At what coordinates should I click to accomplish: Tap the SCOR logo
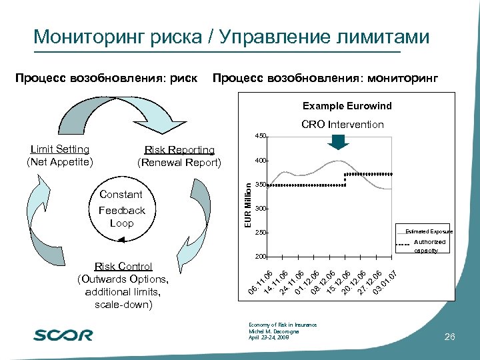(63, 335)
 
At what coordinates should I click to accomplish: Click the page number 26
(449, 337)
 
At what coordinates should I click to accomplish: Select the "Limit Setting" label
(60, 149)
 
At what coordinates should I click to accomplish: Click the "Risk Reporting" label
(179, 150)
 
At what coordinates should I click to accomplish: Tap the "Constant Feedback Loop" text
(121, 209)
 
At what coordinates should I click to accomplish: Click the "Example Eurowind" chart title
(347, 106)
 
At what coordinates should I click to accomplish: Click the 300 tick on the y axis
(260, 209)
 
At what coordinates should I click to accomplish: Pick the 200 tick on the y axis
(260, 257)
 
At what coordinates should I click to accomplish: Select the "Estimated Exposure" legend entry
(429, 231)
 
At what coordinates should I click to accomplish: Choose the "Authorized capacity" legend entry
(429, 246)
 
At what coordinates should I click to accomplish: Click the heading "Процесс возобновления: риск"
(107, 78)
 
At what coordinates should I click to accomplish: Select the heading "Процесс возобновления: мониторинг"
(325, 78)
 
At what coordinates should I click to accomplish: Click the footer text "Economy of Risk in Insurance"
(283, 325)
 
